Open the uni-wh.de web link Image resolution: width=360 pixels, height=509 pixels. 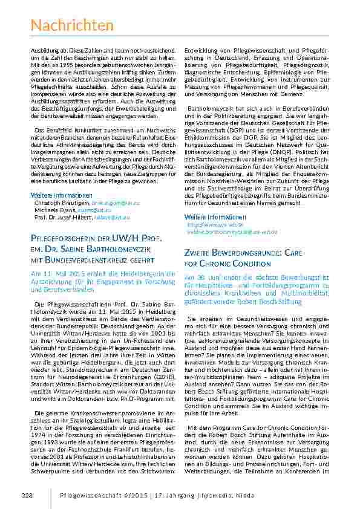(211, 224)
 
